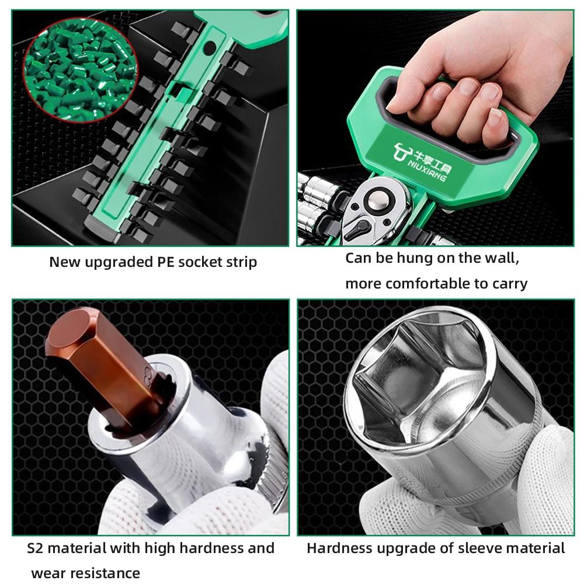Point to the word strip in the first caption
(x=241, y=262)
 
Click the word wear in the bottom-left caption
(x=46, y=573)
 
